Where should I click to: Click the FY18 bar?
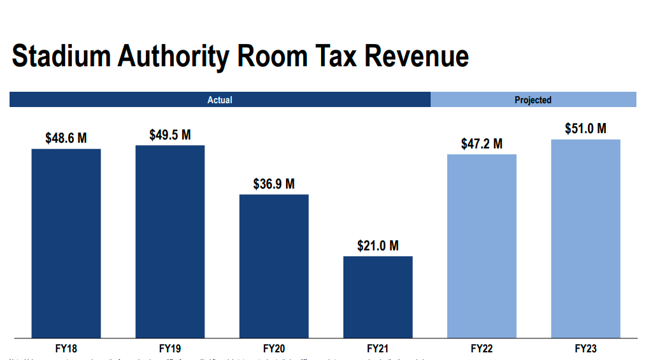tap(66, 243)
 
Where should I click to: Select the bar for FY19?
tap(170, 241)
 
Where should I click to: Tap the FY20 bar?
tap(274, 266)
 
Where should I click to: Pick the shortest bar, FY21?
tap(378, 297)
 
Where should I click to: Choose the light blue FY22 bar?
tap(482, 246)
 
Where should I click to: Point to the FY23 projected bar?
tap(585, 238)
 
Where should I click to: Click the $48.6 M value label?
tap(66, 138)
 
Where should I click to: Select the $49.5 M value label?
tap(170, 135)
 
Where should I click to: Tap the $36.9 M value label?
tap(274, 184)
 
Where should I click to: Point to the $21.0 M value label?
tap(378, 246)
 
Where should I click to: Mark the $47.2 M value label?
tap(482, 144)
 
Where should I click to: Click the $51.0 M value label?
tap(585, 129)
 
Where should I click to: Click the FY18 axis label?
tap(66, 349)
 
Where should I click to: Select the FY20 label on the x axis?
tap(274, 349)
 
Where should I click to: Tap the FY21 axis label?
tap(378, 349)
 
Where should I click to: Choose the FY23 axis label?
tap(585, 349)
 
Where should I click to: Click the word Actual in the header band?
tap(220, 100)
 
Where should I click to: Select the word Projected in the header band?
tap(533, 100)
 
